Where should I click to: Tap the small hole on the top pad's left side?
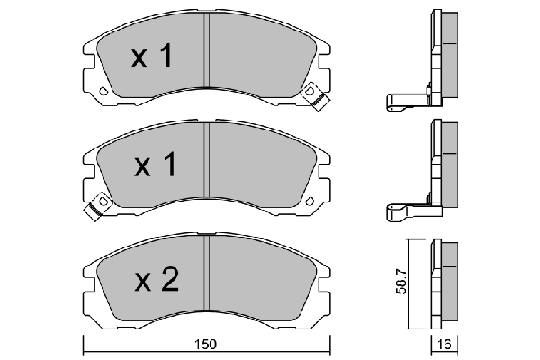(103, 92)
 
